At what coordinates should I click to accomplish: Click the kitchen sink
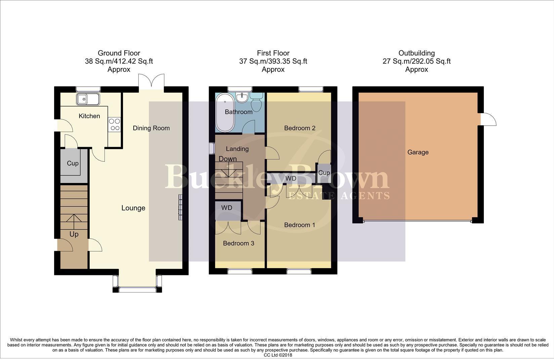pos(88,99)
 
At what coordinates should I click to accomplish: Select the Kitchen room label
pos(89,116)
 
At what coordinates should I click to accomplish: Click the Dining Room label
pos(151,128)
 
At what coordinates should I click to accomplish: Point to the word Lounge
pos(133,208)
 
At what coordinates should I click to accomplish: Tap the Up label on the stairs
pos(74,234)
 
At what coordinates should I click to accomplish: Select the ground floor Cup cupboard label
pos(73,164)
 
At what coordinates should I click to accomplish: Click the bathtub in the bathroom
pos(223,113)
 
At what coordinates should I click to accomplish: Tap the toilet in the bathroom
pos(257,102)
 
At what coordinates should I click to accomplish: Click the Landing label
pos(237,149)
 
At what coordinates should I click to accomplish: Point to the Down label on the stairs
pos(228,159)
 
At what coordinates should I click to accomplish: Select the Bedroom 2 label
pos(300,128)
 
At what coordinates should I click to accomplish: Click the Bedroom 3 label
pos(239,243)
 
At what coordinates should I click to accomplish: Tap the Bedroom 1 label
pos(300,225)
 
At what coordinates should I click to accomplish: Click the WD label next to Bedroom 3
pos(227,208)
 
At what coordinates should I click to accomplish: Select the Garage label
pos(418,152)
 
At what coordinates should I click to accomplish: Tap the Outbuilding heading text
pos(417,53)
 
